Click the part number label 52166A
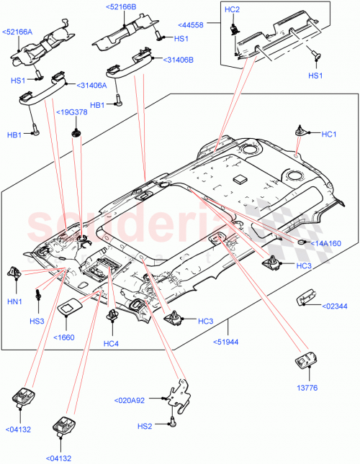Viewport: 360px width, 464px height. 17,32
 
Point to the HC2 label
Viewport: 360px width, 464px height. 232,9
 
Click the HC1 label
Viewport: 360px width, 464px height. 329,134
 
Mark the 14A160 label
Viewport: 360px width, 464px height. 327,243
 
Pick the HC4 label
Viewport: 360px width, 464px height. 110,343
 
